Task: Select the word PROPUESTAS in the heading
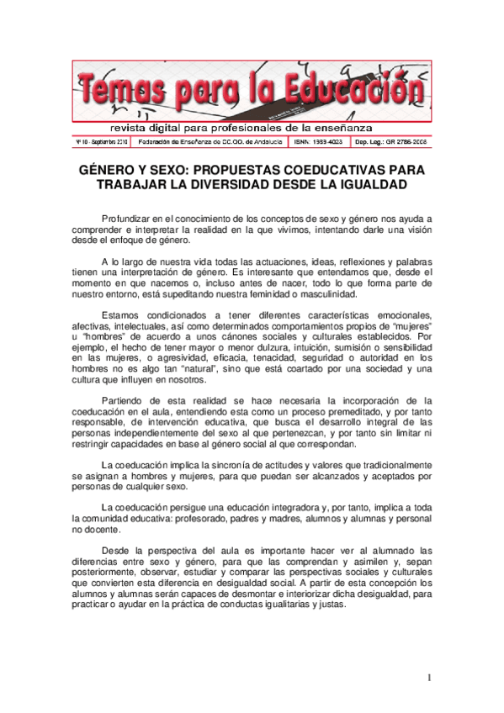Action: pyautogui.click(x=236, y=170)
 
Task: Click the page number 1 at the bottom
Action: pyautogui.click(x=428, y=677)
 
